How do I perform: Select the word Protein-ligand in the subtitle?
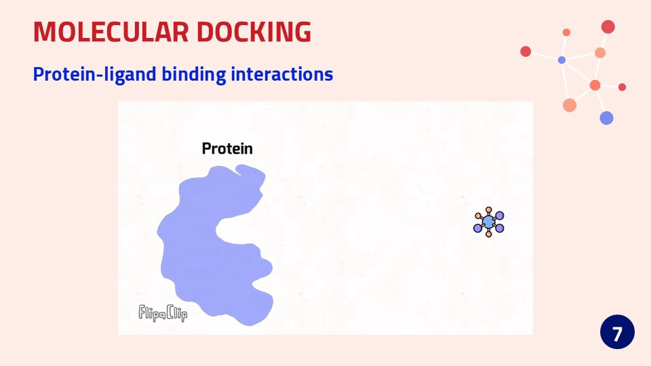point(95,75)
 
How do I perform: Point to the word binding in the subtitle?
point(193,75)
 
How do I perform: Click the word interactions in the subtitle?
point(282,74)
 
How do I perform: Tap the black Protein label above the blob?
point(227,148)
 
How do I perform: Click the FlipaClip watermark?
point(163,313)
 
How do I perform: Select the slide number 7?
point(617,333)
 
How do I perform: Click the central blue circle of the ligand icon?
point(489,222)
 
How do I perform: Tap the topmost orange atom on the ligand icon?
point(489,209)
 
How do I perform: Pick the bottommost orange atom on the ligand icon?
point(489,235)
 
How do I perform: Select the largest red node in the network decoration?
point(608,26)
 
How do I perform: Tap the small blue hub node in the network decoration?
point(561,60)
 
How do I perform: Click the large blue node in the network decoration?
point(606,118)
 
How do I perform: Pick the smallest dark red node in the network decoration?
point(622,87)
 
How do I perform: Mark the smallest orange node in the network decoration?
point(566,33)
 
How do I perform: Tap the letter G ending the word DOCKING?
point(302,32)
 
